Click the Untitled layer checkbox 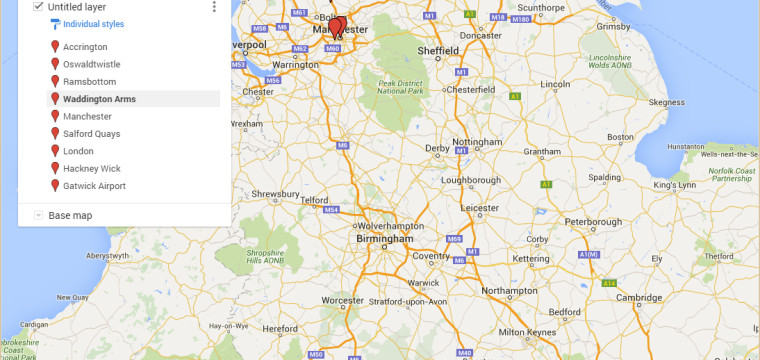point(38,6)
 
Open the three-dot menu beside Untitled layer point(214,7)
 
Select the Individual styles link point(93,23)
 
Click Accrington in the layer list point(85,47)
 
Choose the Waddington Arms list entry point(99,99)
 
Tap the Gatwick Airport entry point(94,186)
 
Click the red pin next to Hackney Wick point(55,168)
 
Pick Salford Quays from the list point(92,134)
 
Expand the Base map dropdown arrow point(38,215)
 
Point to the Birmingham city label point(384,239)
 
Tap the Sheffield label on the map point(438,50)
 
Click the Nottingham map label point(476,142)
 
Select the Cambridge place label point(638,298)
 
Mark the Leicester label point(480,208)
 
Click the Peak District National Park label point(400,87)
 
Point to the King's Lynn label point(673,186)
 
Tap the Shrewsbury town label point(276,194)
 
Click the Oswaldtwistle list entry point(92,64)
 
